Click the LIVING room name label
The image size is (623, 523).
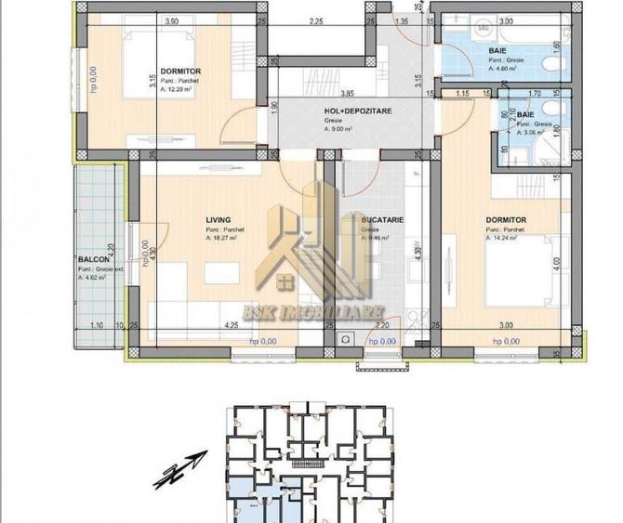click(219, 220)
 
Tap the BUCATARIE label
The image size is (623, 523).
click(381, 220)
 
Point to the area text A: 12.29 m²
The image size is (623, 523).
click(179, 90)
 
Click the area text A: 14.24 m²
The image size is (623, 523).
click(507, 238)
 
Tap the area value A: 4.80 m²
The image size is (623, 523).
click(506, 67)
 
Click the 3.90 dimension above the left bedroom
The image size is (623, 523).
click(170, 20)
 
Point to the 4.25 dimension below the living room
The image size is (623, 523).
click(230, 325)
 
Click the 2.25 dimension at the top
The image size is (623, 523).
click(316, 20)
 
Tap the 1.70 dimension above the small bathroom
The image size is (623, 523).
click(535, 94)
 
